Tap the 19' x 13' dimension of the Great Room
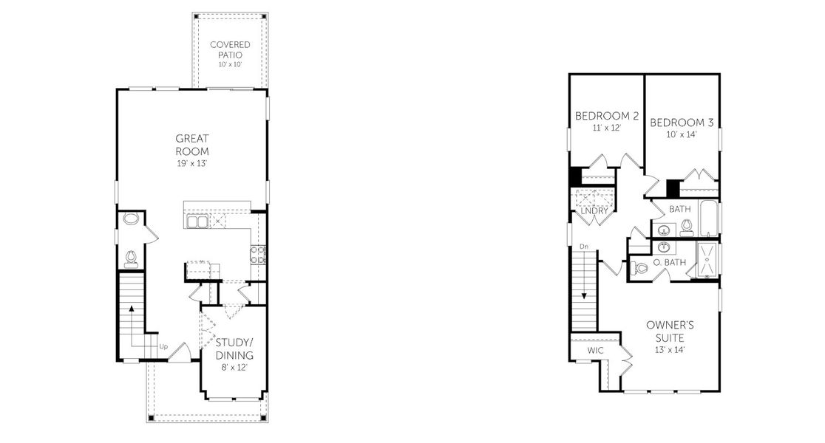[x=192, y=163]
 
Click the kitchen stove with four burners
[x=259, y=255]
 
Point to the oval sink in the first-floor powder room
[x=131, y=219]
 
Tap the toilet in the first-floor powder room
[x=132, y=257]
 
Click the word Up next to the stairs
[x=163, y=346]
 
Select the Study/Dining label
[x=234, y=348]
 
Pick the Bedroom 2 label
[x=607, y=116]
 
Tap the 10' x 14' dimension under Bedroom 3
[x=681, y=134]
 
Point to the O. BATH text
[x=670, y=262]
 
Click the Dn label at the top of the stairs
[x=584, y=246]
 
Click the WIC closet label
[x=595, y=350]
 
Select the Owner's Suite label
[x=670, y=331]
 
